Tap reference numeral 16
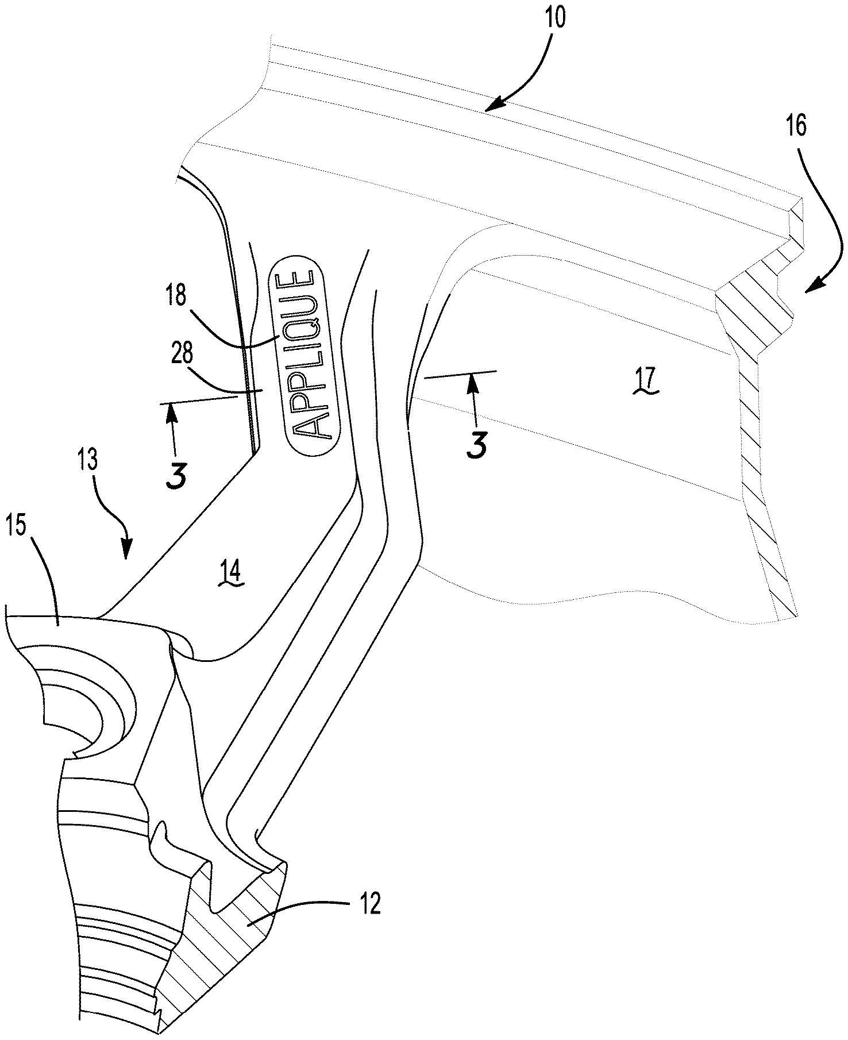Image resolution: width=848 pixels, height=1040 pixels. (797, 125)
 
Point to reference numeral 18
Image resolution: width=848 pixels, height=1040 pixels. (178, 296)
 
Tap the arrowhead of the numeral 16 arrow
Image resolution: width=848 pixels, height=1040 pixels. (807, 290)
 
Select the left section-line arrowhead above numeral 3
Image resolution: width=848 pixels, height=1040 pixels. (171, 407)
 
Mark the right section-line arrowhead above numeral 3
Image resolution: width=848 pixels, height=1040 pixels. (474, 377)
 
